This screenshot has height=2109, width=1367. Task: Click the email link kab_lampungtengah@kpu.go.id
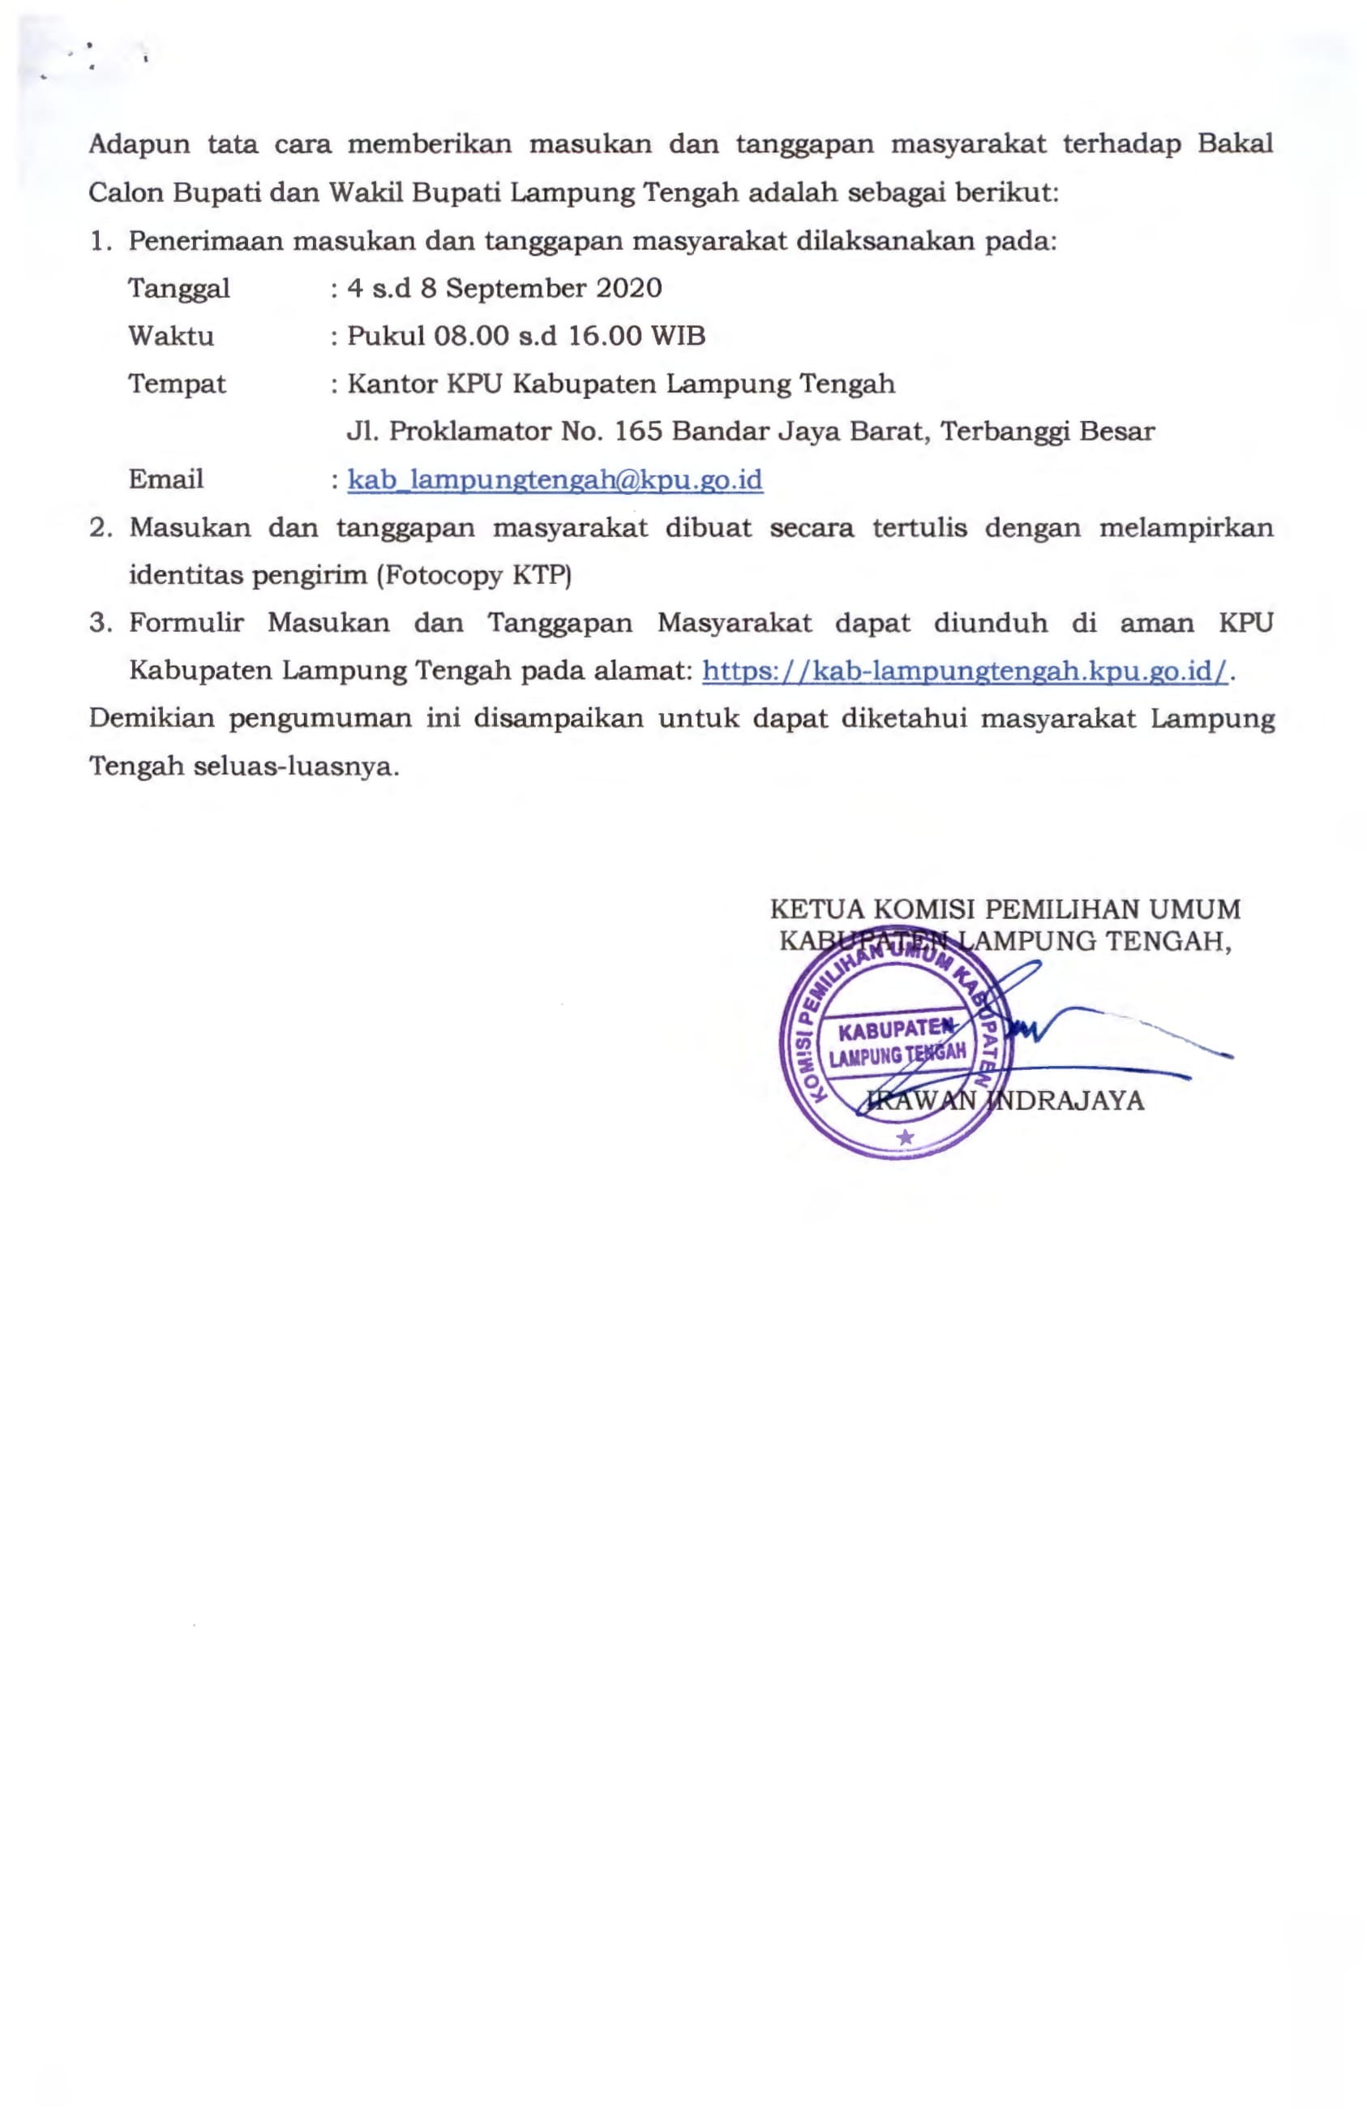click(555, 479)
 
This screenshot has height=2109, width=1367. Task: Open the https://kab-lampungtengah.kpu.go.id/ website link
click(965, 671)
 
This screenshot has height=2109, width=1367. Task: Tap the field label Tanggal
click(179, 289)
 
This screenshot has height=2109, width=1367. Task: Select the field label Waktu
click(171, 337)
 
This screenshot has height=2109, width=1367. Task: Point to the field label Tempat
click(178, 384)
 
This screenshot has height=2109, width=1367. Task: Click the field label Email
click(165, 479)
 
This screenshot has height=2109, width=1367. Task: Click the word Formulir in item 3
click(186, 623)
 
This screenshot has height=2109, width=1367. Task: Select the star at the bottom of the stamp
click(905, 1137)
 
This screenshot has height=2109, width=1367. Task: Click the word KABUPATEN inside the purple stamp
click(896, 1029)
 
